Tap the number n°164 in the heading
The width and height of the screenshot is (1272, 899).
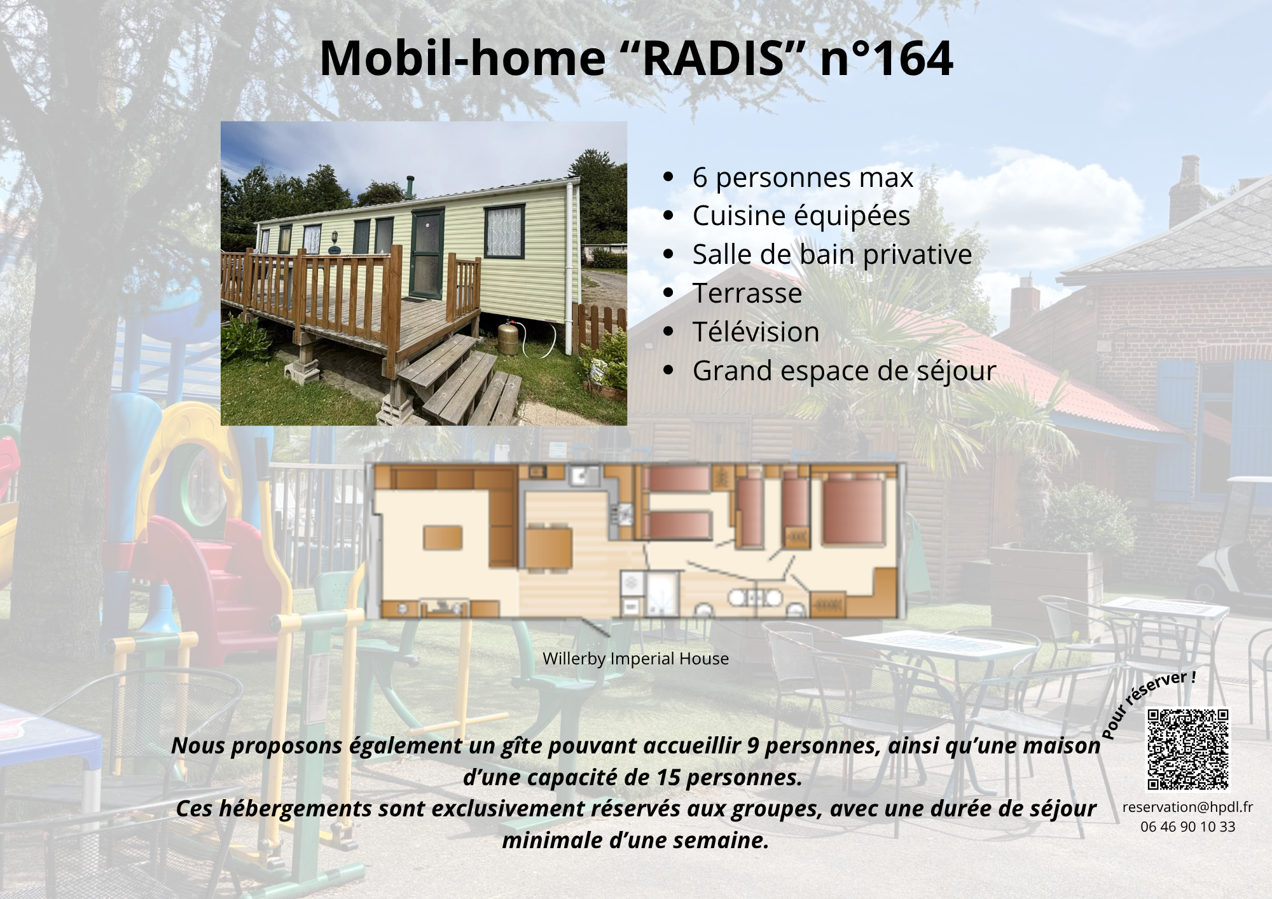(x=887, y=58)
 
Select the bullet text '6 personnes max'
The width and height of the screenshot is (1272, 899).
(x=803, y=177)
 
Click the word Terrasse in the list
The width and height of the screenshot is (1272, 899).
(x=747, y=294)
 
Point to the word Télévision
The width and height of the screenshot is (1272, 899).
(x=756, y=333)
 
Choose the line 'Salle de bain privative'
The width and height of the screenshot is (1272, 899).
(x=832, y=255)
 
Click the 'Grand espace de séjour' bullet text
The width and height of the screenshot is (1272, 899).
(x=844, y=371)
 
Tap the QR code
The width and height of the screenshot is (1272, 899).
(x=1187, y=749)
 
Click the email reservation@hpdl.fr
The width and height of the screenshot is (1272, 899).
(x=1187, y=807)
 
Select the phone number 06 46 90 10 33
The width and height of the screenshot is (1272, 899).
(x=1187, y=827)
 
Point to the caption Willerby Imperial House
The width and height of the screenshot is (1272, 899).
(x=635, y=659)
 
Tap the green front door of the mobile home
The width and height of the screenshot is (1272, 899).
(x=427, y=254)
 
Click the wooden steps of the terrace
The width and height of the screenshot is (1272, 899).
(x=458, y=381)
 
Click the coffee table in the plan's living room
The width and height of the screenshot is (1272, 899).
(x=443, y=537)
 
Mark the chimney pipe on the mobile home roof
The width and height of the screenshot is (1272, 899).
(x=410, y=186)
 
